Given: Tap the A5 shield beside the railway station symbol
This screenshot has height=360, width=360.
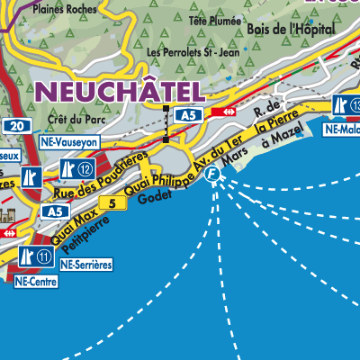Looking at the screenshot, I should pyautogui.click(x=187, y=114).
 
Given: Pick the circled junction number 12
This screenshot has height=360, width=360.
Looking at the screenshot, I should pyautogui.click(x=86, y=168).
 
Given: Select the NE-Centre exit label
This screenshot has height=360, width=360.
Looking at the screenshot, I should pyautogui.click(x=35, y=281).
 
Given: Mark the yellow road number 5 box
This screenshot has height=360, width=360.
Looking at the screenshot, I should pyautogui.click(x=112, y=204).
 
